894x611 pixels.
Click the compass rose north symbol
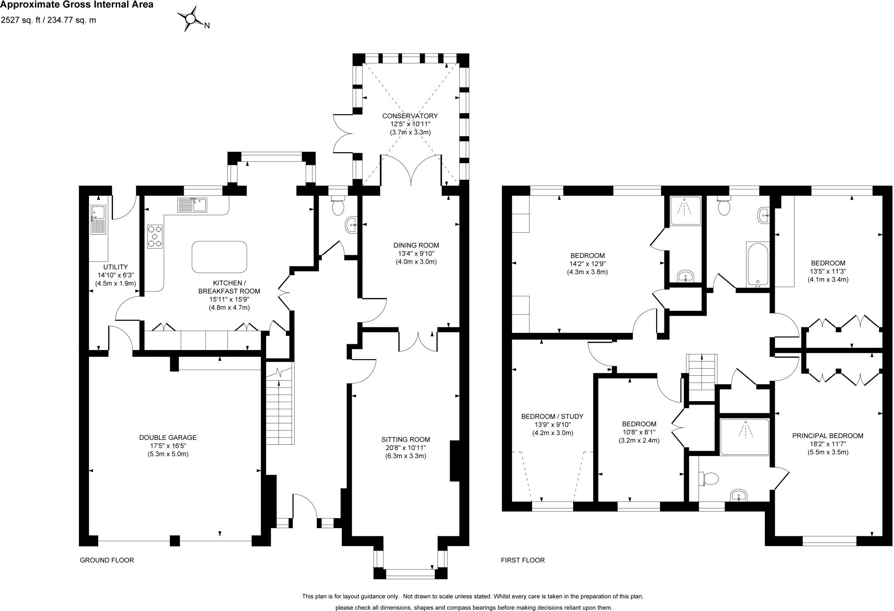pyautogui.click(x=191, y=19)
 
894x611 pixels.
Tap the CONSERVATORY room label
pyautogui.click(x=410, y=116)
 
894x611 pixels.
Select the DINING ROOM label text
pyautogui.click(x=416, y=245)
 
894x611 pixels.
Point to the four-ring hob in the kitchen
pyautogui.click(x=155, y=237)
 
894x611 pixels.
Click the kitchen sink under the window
pyautogui.click(x=192, y=205)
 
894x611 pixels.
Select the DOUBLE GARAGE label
pyautogui.click(x=168, y=437)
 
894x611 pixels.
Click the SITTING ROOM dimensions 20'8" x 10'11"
pyautogui.click(x=406, y=448)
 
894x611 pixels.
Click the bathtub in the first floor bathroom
pyautogui.click(x=757, y=264)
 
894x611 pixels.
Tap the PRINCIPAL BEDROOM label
pyautogui.click(x=828, y=436)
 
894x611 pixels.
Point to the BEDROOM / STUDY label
pyautogui.click(x=552, y=416)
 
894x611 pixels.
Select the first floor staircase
pyautogui.click(x=702, y=372)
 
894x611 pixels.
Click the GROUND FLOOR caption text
pyautogui.click(x=107, y=560)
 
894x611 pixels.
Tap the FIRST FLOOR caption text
pyautogui.click(x=523, y=560)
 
